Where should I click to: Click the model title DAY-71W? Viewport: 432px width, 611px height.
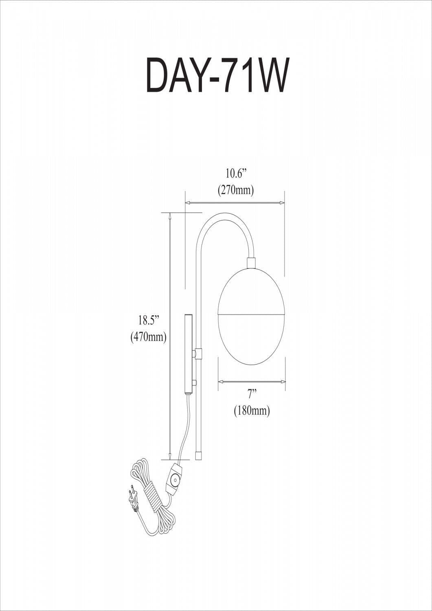point(217,76)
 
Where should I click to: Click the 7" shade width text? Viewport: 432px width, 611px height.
point(252,394)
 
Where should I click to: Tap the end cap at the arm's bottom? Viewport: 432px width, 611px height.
point(198,455)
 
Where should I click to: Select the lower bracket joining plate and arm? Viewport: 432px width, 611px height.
point(195,383)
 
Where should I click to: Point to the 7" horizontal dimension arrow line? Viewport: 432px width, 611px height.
point(252,382)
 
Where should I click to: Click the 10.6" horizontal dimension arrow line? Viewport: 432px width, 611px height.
point(235,202)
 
